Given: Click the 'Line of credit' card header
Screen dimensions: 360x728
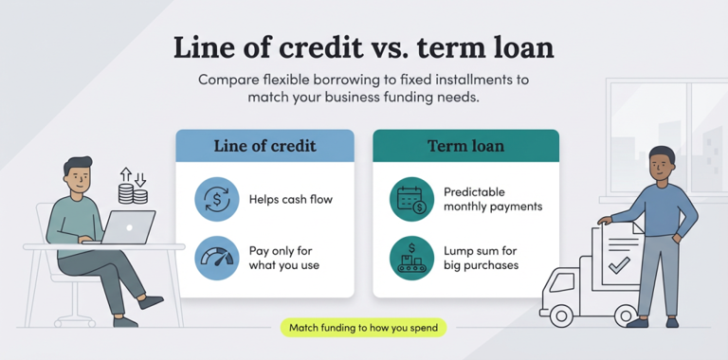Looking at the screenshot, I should [264, 146].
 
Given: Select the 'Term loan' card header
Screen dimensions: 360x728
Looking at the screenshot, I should [465, 146].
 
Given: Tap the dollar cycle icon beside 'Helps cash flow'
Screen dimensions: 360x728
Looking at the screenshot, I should [217, 200].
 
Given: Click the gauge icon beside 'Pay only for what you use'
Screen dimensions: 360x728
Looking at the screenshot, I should [217, 258].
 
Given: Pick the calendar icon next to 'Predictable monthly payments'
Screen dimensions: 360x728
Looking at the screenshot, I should [411, 200].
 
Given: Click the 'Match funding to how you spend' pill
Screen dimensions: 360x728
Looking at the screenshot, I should [364, 328].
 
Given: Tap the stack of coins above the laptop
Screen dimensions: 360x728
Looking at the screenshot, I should [133, 194].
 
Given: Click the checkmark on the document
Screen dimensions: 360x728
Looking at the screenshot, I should [618, 266].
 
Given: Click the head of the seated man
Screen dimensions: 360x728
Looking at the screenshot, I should [80, 173].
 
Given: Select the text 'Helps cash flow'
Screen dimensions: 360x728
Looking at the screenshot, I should [290, 200].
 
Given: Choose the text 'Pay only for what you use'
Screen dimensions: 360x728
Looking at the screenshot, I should [284, 258].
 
